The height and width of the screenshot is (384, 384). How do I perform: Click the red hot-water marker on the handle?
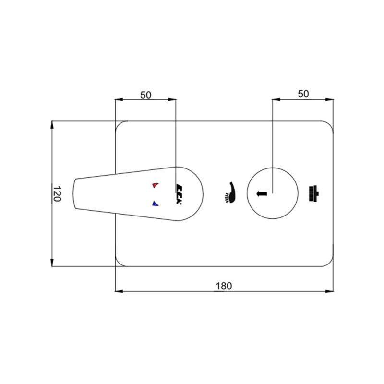(x=155, y=185)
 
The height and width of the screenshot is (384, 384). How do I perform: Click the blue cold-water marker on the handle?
(x=155, y=204)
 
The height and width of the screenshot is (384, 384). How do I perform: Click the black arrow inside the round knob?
(x=261, y=194)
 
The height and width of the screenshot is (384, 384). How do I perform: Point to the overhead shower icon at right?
(x=313, y=194)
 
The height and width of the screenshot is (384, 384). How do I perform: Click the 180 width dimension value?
(x=223, y=286)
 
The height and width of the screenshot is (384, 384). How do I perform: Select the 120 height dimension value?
(x=57, y=193)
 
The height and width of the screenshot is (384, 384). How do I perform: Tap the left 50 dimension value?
(x=146, y=95)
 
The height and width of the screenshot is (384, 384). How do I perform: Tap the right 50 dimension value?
(x=303, y=94)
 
